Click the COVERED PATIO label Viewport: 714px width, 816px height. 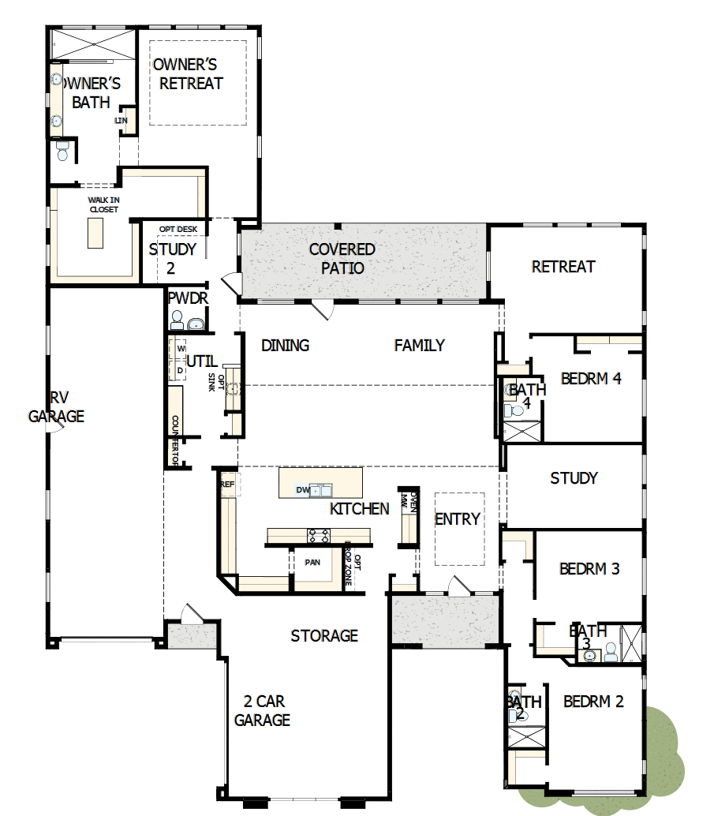pyautogui.click(x=342, y=259)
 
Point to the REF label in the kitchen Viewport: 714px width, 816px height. pyautogui.click(x=227, y=485)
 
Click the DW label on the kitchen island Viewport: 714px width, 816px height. pyautogui.click(x=301, y=490)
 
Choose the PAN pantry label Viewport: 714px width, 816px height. pyautogui.click(x=312, y=563)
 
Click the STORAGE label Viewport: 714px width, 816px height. pyautogui.click(x=324, y=636)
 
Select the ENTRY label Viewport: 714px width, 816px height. pyautogui.click(x=458, y=518)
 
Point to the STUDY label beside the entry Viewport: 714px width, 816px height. pyautogui.click(x=574, y=478)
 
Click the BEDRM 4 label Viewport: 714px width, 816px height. pyautogui.click(x=591, y=379)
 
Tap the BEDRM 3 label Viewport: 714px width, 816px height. pyautogui.click(x=589, y=568)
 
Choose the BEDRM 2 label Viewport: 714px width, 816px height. pyautogui.click(x=593, y=701)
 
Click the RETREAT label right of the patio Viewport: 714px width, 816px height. pyautogui.click(x=563, y=267)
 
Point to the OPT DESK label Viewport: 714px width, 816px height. pyautogui.click(x=178, y=230)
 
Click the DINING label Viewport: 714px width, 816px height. pyautogui.click(x=285, y=346)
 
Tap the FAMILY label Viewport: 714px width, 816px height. pyautogui.click(x=419, y=345)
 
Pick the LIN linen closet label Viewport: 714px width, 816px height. pyautogui.click(x=121, y=120)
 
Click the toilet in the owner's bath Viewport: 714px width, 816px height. pyautogui.click(x=63, y=150)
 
